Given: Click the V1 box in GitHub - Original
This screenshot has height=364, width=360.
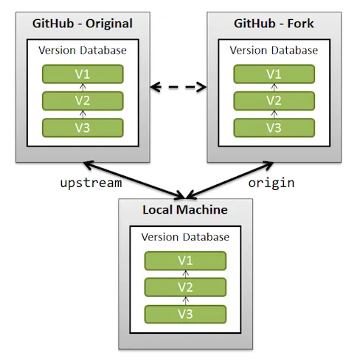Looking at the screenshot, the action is pos(83,74).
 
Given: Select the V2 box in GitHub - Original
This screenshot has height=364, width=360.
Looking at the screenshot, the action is pos(83,101).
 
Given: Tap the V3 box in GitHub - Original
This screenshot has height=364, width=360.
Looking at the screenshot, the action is pos(83,127).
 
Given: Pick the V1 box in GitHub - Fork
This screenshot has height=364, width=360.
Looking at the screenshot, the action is pos(274,74).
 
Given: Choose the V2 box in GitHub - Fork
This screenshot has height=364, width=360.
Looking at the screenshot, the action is pos(274,101).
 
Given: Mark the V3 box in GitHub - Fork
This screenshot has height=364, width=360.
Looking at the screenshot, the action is pos(274,127).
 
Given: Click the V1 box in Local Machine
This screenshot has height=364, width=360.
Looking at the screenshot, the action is pos(185,261).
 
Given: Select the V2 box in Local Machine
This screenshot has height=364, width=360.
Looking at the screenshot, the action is pos(185,287).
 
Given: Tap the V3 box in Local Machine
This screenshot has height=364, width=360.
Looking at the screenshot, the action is pos(185,314).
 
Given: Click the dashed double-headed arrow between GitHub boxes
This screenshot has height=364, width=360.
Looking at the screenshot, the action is pos(179,87).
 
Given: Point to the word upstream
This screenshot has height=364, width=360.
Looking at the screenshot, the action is pos(91,183).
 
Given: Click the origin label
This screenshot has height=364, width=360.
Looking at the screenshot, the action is pos(271,183).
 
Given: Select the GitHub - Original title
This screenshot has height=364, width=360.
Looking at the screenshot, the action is pos(83,24).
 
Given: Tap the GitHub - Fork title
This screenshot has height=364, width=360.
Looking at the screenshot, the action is pos(274,24).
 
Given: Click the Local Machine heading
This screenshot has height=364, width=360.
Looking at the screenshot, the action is pos(185,210).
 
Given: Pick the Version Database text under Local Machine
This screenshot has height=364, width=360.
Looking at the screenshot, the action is pos(185,237).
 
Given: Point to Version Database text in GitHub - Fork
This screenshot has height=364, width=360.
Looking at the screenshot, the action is pos(274,50).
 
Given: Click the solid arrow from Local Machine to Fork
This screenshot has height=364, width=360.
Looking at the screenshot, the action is pos(229,180).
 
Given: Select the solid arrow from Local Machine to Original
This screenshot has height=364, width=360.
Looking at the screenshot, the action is pos(134,180).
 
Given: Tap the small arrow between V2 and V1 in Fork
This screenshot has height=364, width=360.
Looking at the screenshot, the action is pos(274,88).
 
